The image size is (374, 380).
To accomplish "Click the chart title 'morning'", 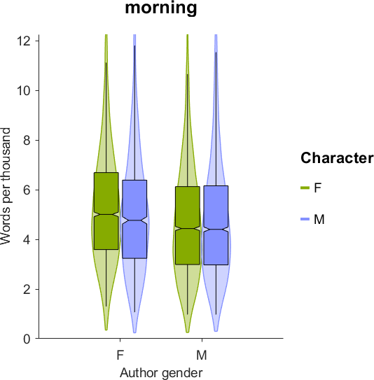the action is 161,8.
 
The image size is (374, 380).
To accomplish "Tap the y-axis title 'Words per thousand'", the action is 6,186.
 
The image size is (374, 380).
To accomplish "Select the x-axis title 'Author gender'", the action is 161,373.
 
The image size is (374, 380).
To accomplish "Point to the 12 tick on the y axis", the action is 24,41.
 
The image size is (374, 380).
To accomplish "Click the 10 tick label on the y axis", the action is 24,91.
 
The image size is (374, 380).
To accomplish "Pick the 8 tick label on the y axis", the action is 27,141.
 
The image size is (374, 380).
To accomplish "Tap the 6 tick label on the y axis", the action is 27,190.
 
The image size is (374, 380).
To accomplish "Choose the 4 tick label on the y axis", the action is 27,239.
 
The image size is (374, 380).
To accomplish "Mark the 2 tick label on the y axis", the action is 27,289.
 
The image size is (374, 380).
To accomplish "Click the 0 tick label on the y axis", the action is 27,339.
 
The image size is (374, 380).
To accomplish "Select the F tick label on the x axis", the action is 120,355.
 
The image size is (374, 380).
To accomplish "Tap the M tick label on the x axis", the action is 202,355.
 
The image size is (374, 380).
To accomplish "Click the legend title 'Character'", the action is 337,158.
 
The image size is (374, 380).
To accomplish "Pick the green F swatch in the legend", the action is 305,188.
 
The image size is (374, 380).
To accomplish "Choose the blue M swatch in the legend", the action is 305,219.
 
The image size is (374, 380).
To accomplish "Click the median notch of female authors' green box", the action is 106,214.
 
